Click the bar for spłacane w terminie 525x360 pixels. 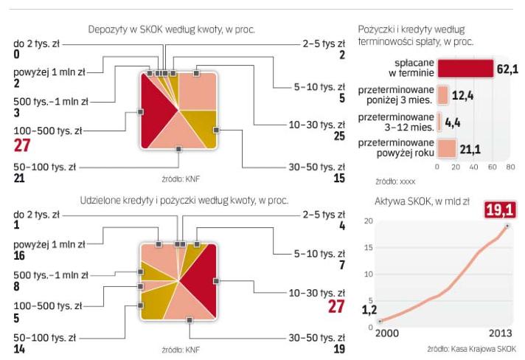click(465, 69)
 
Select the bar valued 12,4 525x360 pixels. click(442, 95)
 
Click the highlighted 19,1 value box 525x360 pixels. click(500, 210)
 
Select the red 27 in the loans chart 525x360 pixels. click(335, 307)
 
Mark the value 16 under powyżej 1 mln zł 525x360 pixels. click(20, 255)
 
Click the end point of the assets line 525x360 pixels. click(507, 226)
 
